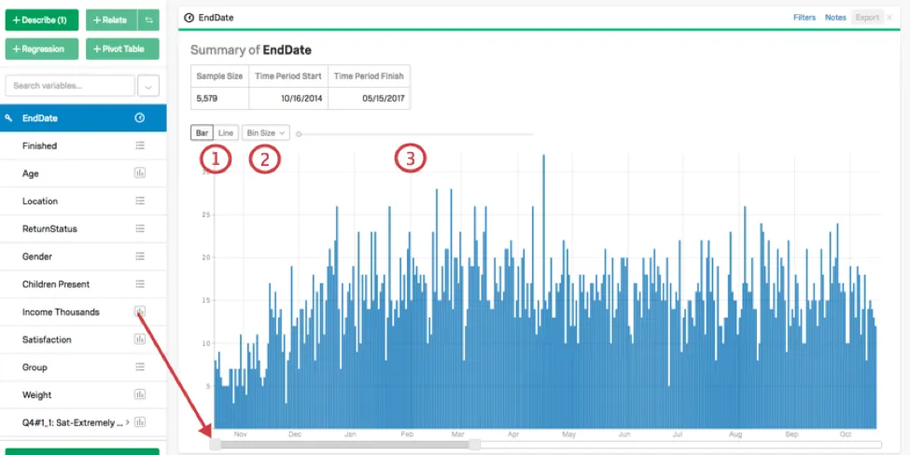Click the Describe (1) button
(x=42, y=20)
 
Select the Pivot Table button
(x=122, y=48)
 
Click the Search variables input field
(x=70, y=86)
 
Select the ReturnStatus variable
(x=49, y=228)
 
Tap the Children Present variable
(x=56, y=284)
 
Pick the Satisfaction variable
(x=47, y=339)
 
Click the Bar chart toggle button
(x=203, y=133)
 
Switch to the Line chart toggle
(x=226, y=133)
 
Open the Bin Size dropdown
(x=266, y=133)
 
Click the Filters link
(x=805, y=18)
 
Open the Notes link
(x=835, y=18)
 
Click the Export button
(x=867, y=18)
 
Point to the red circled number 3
(x=410, y=159)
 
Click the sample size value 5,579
(x=207, y=98)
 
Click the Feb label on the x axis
(x=407, y=434)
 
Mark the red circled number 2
(x=264, y=159)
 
